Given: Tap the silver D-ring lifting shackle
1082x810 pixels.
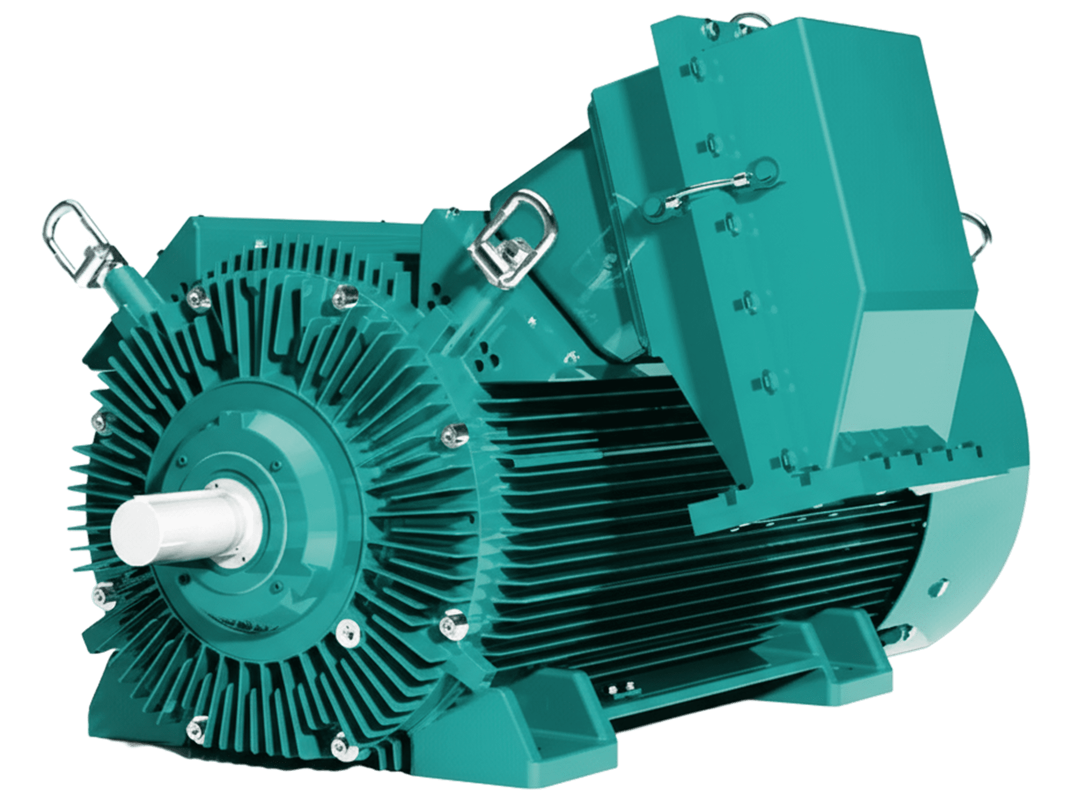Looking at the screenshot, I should click(511, 237).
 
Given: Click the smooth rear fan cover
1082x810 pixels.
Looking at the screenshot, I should click(972, 521).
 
